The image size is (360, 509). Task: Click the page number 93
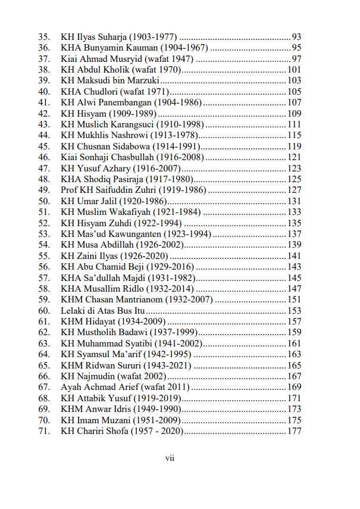point(296,37)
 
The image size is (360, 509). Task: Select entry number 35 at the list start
point(43,37)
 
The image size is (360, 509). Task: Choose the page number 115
point(294,135)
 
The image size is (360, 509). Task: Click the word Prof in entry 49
point(70,190)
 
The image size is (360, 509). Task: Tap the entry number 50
point(43,201)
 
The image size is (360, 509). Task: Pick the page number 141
point(294,255)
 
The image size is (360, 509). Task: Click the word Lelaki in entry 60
point(74,310)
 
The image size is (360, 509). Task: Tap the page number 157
point(294,321)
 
